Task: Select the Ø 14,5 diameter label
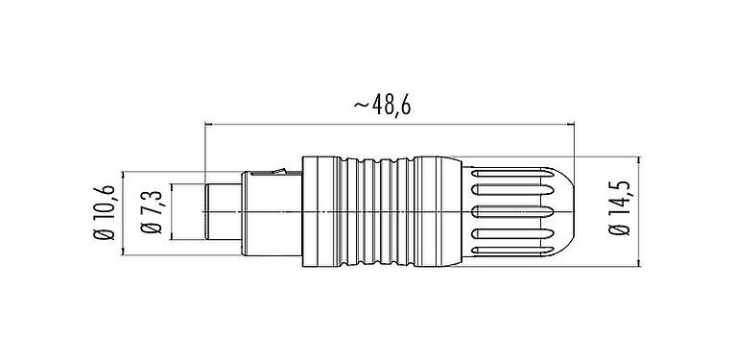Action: coord(620,207)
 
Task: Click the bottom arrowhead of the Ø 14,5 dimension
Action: coord(640,256)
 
